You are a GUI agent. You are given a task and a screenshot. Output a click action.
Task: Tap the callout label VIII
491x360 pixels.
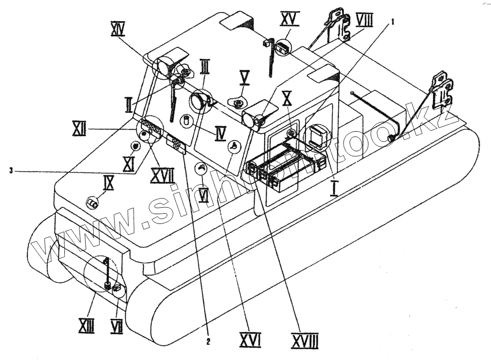pyautogui.click(x=364, y=20)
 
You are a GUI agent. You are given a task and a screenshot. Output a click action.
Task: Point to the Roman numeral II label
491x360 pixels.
pyautogui.click(x=129, y=104)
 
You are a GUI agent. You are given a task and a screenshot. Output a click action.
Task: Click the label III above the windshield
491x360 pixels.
pyautogui.click(x=205, y=65)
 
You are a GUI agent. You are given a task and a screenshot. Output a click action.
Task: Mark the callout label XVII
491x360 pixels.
pyautogui.click(x=162, y=175)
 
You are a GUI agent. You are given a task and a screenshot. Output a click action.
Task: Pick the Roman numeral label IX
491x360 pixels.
pyautogui.click(x=109, y=183)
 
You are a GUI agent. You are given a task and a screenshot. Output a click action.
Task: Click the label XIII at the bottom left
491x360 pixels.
pyautogui.click(x=86, y=325)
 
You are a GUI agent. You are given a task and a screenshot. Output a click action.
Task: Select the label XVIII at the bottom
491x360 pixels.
pyautogui.click(x=304, y=340)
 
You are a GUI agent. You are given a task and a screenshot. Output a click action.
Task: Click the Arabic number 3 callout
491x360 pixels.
pyautogui.click(x=10, y=170)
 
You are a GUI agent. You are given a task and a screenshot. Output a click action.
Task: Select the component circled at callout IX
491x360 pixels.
pyautogui.click(x=92, y=202)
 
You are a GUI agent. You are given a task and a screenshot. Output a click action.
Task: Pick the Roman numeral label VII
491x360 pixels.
pyautogui.click(x=116, y=325)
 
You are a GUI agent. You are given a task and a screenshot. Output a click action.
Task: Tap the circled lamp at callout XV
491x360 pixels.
pyautogui.click(x=281, y=48)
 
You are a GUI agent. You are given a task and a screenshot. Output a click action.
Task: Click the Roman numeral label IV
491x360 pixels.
pyautogui.click(x=220, y=133)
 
